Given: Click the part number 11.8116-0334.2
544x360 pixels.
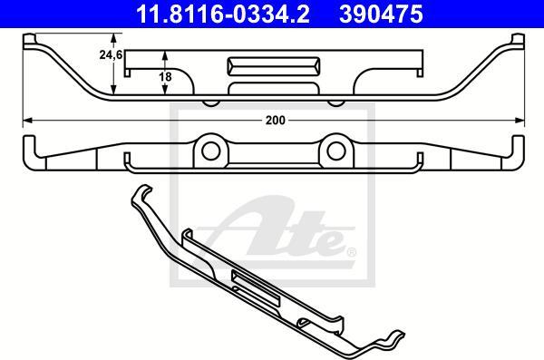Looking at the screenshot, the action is click(223, 15).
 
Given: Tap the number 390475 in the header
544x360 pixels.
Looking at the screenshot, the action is click(381, 15).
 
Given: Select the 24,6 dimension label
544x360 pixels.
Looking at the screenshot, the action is click(111, 54).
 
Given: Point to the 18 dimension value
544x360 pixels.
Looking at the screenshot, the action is click(166, 76).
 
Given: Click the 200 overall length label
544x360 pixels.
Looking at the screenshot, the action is click(276, 121).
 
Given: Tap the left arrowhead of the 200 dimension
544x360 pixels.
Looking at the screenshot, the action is click(27, 121).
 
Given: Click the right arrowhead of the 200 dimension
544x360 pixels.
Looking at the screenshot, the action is click(520, 121).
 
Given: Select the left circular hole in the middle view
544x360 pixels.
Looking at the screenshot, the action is click(211, 151).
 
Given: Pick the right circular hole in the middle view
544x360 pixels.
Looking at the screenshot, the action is click(336, 151).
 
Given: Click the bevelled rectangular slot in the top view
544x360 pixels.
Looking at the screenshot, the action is click(274, 66).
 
